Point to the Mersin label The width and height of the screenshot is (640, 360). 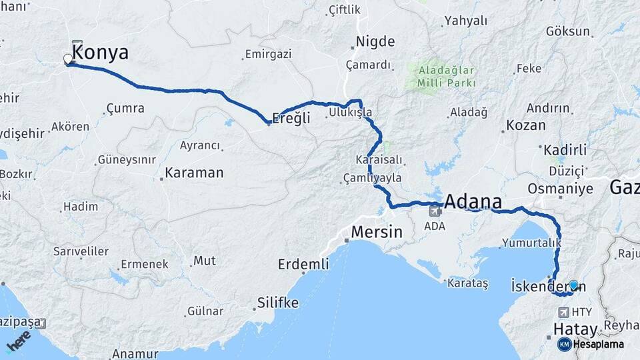(377, 233)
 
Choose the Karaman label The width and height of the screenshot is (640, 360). (194, 173)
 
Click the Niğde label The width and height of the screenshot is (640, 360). (375, 42)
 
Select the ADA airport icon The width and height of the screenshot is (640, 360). (435, 211)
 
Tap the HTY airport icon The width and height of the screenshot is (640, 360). (564, 312)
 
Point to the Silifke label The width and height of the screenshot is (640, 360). (278, 303)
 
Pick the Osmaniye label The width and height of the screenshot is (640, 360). (560, 189)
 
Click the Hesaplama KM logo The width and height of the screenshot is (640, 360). (591, 344)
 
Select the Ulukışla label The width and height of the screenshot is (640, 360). (350, 113)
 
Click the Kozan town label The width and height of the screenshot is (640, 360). (526, 125)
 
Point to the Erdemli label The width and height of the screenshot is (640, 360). (303, 265)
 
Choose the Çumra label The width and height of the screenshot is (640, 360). (125, 108)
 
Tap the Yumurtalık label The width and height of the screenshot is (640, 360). (531, 243)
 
